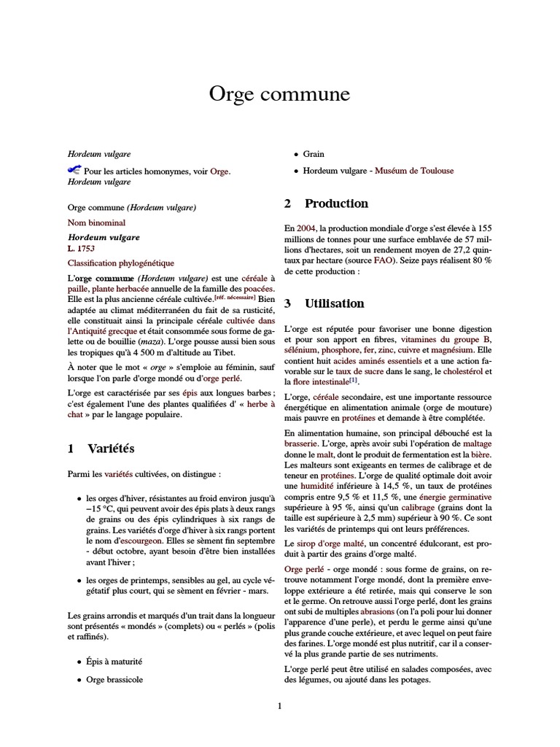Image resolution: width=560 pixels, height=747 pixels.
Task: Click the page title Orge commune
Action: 280,94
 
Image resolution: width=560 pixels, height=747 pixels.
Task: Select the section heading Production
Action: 335,204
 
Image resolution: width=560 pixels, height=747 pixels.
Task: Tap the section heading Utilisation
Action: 334,303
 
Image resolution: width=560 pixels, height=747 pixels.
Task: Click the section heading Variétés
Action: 111,449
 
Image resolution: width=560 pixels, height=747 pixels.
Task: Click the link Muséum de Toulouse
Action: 414,171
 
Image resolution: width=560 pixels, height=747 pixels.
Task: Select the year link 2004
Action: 306,228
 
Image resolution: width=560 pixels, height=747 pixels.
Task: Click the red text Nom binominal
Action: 96,222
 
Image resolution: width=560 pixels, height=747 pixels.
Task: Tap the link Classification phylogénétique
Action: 121,262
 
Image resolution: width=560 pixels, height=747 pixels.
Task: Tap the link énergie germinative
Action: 458,496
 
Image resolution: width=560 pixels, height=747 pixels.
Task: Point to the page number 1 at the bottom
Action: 279,705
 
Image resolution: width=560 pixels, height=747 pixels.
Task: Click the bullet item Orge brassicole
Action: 114,679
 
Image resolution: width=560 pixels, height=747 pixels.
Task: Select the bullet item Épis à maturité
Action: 114,661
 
